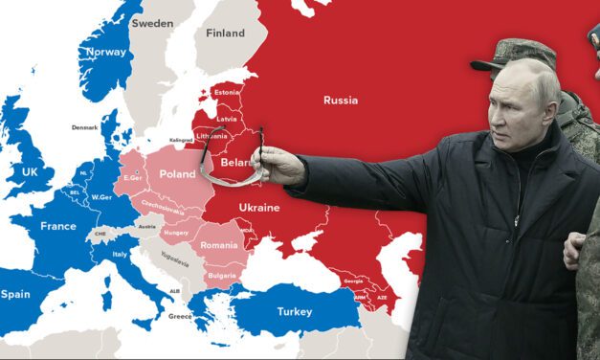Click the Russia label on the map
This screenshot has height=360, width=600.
(x=341, y=100)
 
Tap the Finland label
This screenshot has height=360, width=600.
(x=225, y=33)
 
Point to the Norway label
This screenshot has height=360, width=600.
(x=105, y=52)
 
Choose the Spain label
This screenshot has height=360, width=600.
(x=15, y=294)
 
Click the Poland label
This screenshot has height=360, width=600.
(x=177, y=174)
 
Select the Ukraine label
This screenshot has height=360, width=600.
(x=258, y=207)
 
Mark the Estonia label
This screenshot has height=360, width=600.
(x=227, y=92)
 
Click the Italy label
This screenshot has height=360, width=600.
(x=120, y=254)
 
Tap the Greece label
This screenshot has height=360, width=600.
(x=180, y=316)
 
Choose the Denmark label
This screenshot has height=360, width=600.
(x=84, y=127)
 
